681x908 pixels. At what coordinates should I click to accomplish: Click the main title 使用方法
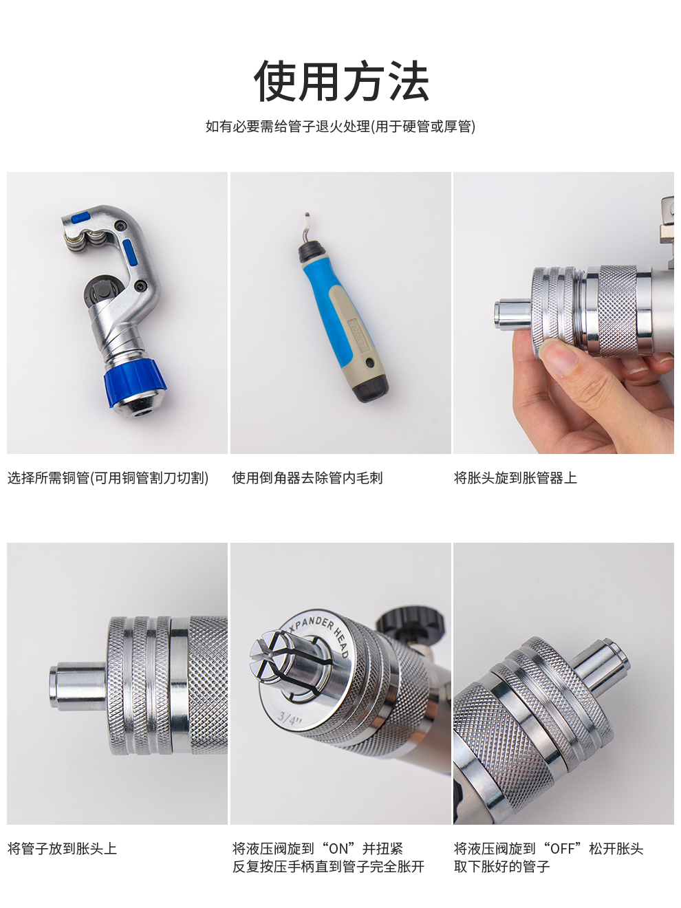tap(340, 80)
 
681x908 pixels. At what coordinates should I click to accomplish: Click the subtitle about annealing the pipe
tap(340, 126)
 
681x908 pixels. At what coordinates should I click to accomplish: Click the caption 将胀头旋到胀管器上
tap(515, 478)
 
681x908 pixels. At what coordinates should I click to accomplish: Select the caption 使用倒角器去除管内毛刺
tap(307, 478)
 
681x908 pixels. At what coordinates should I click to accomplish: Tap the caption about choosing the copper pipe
tap(108, 478)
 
